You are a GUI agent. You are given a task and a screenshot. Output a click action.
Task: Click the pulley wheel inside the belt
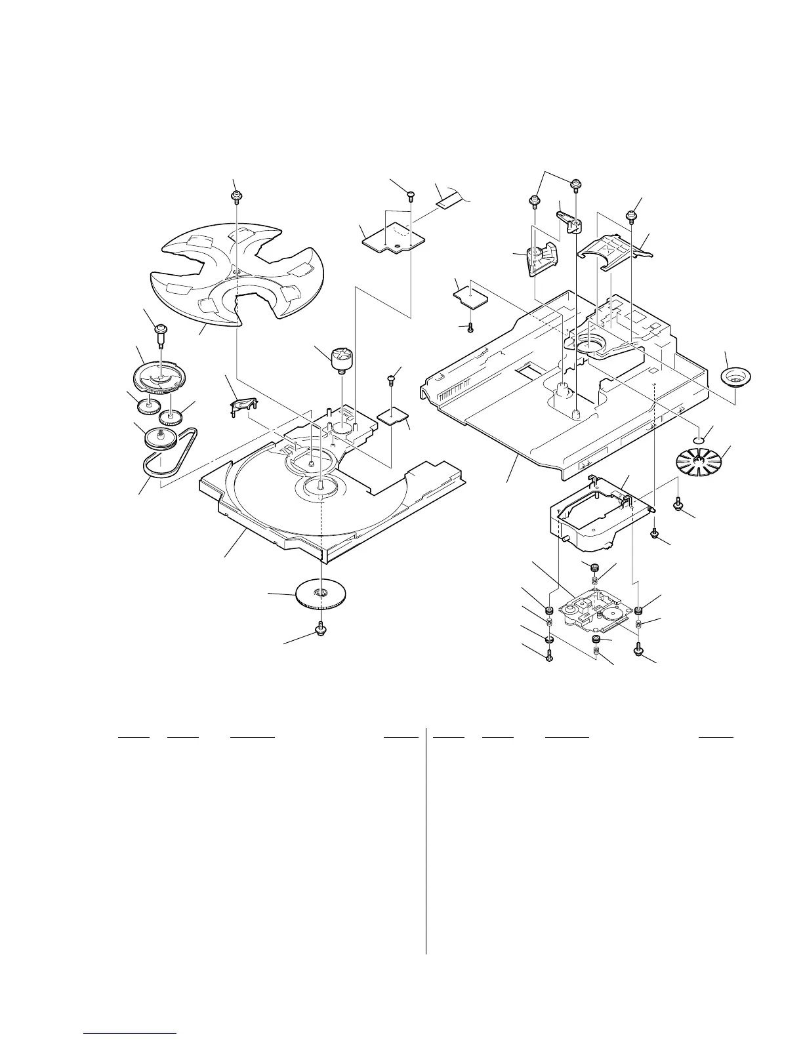click(159, 438)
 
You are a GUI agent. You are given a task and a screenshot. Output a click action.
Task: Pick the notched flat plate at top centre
click(392, 237)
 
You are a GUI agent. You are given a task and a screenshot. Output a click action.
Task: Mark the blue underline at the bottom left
click(131, 1034)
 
